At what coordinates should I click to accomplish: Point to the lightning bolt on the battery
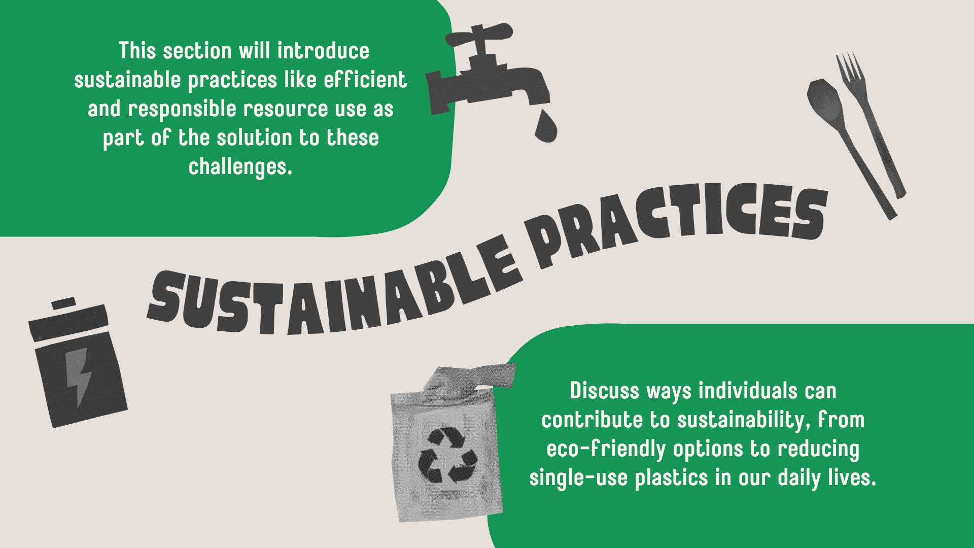point(79,375)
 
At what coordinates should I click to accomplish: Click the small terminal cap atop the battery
point(63,303)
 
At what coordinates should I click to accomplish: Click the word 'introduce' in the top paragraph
point(323,51)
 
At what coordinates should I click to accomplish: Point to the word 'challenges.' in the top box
point(240,167)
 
